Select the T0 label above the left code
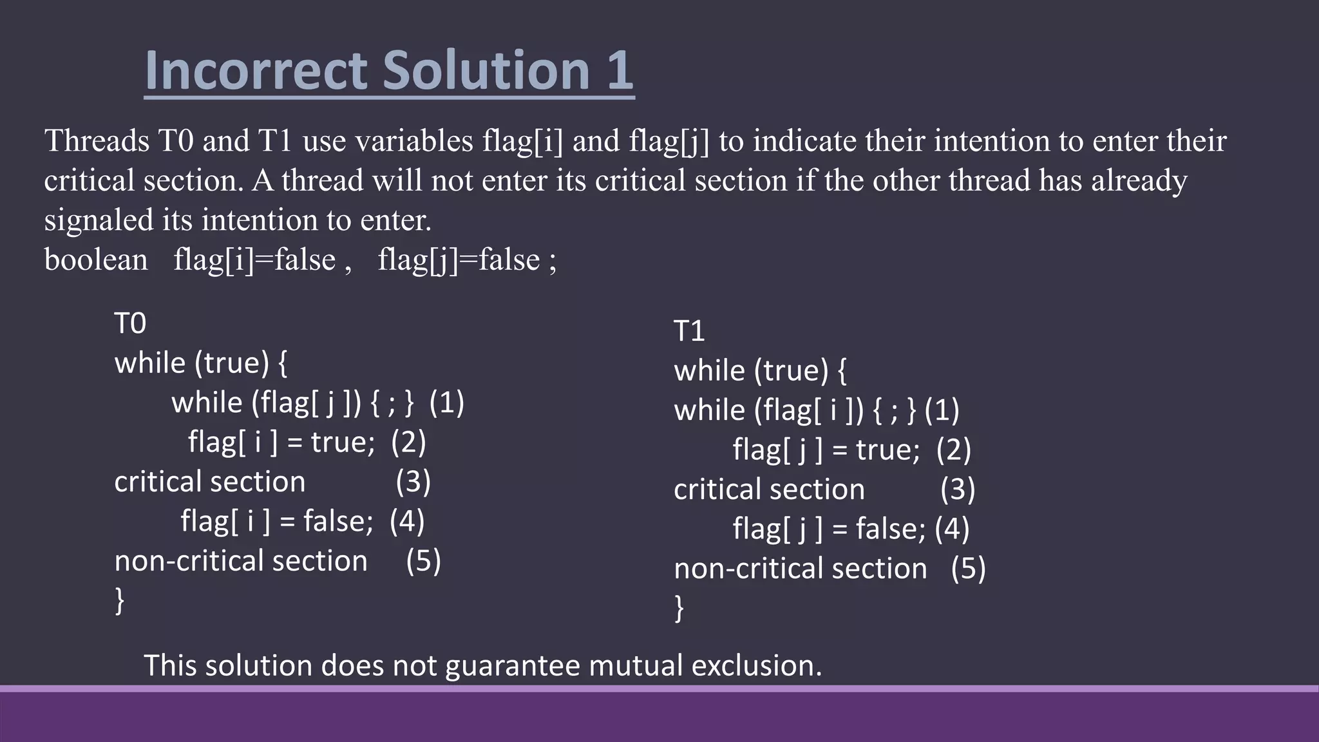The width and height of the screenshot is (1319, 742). click(130, 323)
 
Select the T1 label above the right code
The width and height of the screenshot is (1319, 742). click(689, 331)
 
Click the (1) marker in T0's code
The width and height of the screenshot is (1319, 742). click(446, 403)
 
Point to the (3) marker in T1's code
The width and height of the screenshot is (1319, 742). click(958, 490)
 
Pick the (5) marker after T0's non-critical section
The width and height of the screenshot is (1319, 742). click(423, 561)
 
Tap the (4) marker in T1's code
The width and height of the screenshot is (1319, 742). click(952, 529)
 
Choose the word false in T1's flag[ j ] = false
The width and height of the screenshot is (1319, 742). click(890, 529)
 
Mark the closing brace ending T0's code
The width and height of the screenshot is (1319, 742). click(120, 600)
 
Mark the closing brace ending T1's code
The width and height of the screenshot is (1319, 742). click(679, 608)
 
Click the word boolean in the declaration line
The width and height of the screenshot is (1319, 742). click(96, 260)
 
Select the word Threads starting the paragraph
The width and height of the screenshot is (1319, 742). click(97, 141)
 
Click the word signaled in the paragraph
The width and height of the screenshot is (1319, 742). click(99, 220)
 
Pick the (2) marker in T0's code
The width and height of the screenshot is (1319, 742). click(408, 442)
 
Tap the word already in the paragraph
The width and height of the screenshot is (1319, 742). click(1139, 180)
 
